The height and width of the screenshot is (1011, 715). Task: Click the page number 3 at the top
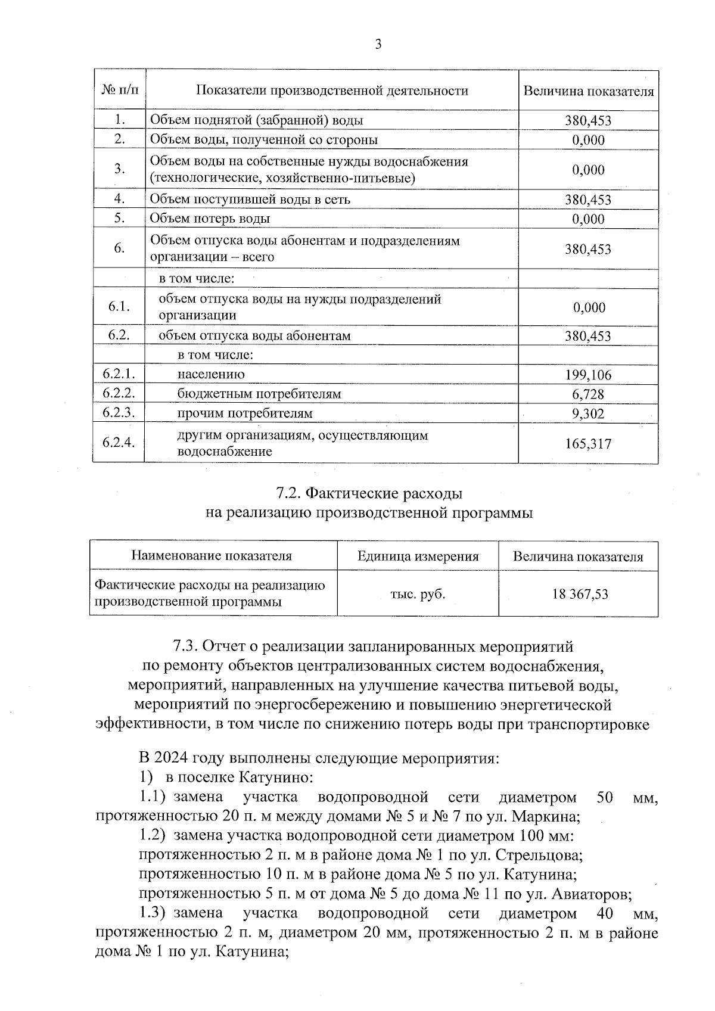[x=378, y=45]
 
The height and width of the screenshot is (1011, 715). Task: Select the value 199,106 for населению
[x=588, y=375]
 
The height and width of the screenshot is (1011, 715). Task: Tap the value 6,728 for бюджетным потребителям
[x=588, y=394]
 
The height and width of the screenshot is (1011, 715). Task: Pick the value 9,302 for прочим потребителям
[x=588, y=414]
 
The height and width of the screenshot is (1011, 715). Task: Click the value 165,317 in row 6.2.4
[x=588, y=444]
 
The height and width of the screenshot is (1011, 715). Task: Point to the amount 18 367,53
[x=578, y=594]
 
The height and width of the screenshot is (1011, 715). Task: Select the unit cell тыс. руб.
[x=418, y=594]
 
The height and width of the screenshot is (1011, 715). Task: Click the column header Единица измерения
[x=418, y=556]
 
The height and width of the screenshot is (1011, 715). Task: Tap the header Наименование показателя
[x=212, y=556]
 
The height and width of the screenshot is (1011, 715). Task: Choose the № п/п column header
[x=119, y=91]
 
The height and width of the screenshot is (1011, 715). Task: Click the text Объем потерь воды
[x=210, y=219]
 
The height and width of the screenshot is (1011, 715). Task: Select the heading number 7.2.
[x=290, y=494]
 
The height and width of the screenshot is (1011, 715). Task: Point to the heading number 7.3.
[x=185, y=646]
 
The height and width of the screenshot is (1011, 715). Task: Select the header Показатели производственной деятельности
[x=332, y=91]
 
